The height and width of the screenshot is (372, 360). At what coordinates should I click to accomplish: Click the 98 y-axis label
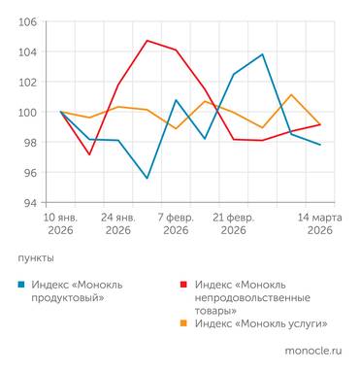click(29, 142)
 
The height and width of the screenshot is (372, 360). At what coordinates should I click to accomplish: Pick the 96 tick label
click(29, 172)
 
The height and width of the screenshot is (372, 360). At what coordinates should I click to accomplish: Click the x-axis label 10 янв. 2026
click(60, 223)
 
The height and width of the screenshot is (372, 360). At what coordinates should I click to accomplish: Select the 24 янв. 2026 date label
click(118, 223)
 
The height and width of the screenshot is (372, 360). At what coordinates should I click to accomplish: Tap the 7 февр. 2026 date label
click(176, 223)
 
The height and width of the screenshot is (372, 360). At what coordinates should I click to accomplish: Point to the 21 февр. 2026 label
click(233, 223)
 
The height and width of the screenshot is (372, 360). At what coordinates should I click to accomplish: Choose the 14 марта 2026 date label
click(319, 223)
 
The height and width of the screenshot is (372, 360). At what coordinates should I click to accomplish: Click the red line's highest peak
click(147, 41)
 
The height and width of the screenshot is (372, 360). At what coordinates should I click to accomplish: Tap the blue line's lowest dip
click(147, 178)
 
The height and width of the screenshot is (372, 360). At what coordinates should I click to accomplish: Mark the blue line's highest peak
click(262, 54)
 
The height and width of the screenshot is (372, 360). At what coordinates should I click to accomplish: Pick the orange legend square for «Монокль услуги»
click(184, 323)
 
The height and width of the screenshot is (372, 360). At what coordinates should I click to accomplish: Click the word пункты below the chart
click(36, 258)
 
